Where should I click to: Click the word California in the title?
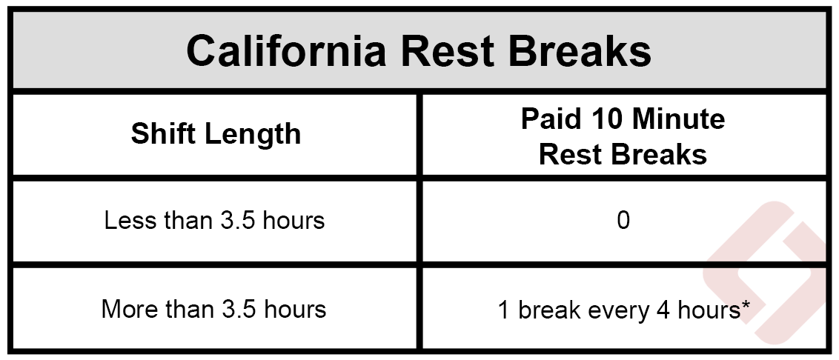tap(286, 51)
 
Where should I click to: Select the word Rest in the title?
tap(447, 51)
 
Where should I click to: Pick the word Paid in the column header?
tap(549, 119)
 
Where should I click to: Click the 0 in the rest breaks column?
tap(623, 221)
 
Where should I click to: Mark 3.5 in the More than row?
tap(236, 309)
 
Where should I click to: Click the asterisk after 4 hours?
tap(746, 305)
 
